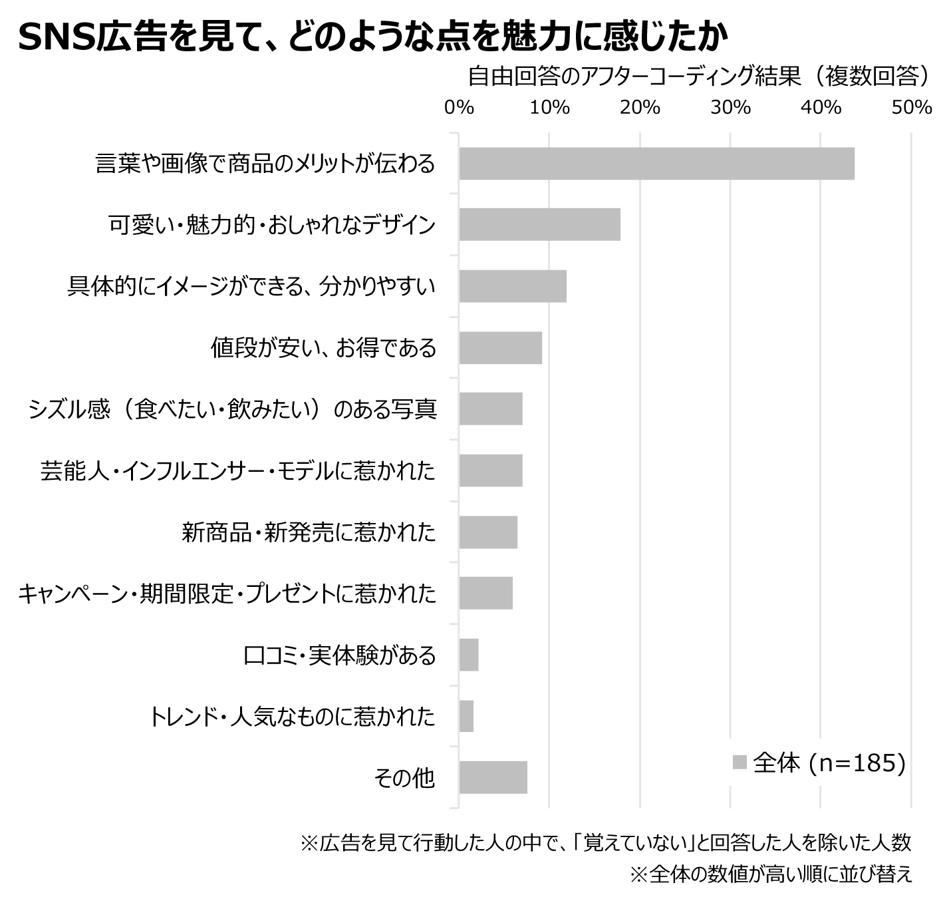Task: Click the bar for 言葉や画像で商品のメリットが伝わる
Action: [656, 164]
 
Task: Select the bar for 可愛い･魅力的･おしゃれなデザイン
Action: [539, 224]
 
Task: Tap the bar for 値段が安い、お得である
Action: [500, 347]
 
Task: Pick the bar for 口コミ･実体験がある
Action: [469, 655]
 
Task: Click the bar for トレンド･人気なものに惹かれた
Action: [466, 716]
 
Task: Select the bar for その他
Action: [493, 777]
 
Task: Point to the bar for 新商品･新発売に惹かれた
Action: [488, 532]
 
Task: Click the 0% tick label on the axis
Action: [459, 108]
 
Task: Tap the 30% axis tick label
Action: [730, 108]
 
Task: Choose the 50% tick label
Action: [912, 108]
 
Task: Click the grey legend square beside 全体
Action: [740, 763]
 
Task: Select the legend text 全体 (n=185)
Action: [829, 763]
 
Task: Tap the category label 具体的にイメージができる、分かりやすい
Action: [251, 286]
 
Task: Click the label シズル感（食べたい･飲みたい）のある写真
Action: [232, 409]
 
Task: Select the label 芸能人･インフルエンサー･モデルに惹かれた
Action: [237, 470]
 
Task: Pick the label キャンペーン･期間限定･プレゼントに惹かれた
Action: [227, 593]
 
